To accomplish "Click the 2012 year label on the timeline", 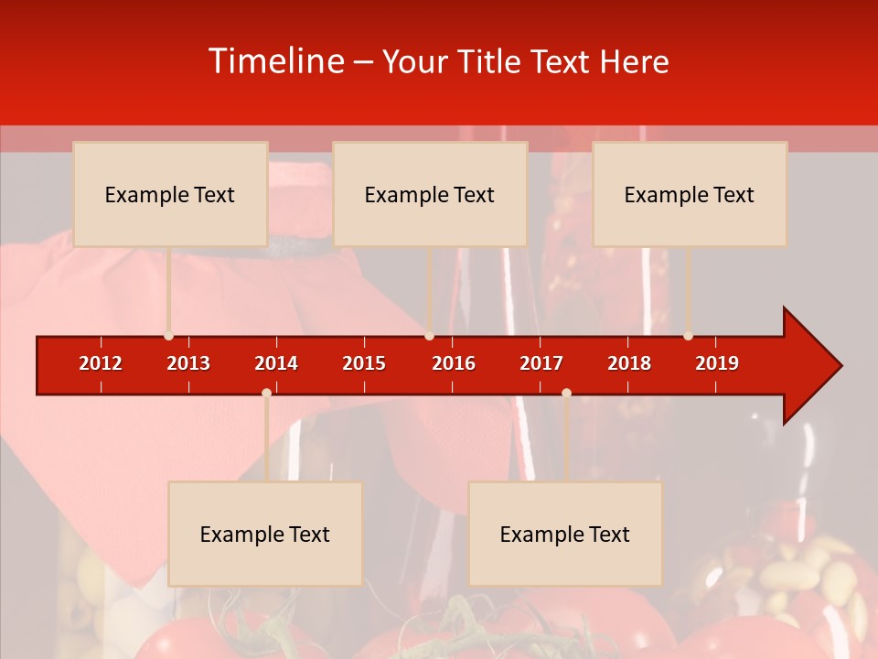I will pyautogui.click(x=101, y=363).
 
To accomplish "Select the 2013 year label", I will pyautogui.click(x=188, y=363).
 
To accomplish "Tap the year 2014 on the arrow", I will pyautogui.click(x=276, y=363).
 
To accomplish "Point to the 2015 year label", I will pyautogui.click(x=364, y=363).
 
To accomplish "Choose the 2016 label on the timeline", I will pyautogui.click(x=454, y=363).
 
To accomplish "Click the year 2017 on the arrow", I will pyautogui.click(x=541, y=363).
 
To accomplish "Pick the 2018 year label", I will pyautogui.click(x=629, y=363).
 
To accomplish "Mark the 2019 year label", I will pyautogui.click(x=717, y=363).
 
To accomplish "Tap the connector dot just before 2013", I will pyautogui.click(x=168, y=336).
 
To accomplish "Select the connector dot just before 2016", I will pyautogui.click(x=429, y=336).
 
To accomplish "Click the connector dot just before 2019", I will pyautogui.click(x=688, y=336).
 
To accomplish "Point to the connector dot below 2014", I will pyautogui.click(x=266, y=393).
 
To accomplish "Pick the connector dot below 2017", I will pyautogui.click(x=566, y=393).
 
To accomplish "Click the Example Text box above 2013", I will pyautogui.click(x=170, y=194).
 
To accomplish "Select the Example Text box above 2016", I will pyautogui.click(x=430, y=194).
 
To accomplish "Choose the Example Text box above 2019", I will pyautogui.click(x=690, y=194).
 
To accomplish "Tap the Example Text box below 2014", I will pyautogui.click(x=265, y=534).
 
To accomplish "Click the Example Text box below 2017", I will pyautogui.click(x=565, y=534).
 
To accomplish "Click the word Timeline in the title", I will pyautogui.click(x=275, y=61).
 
